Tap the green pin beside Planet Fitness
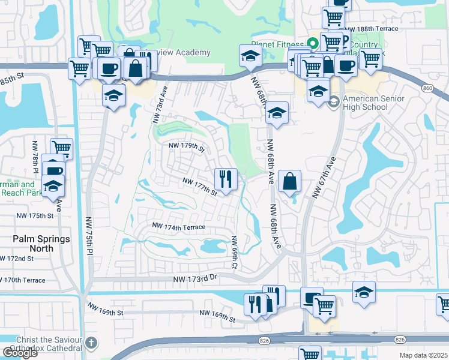[312, 44]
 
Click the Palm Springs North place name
[41, 243]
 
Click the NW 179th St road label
[187, 146]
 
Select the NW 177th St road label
[199, 186]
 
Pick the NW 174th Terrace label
[179, 227]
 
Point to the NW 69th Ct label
[235, 251]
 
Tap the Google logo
[20, 352]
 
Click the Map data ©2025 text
[423, 355]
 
